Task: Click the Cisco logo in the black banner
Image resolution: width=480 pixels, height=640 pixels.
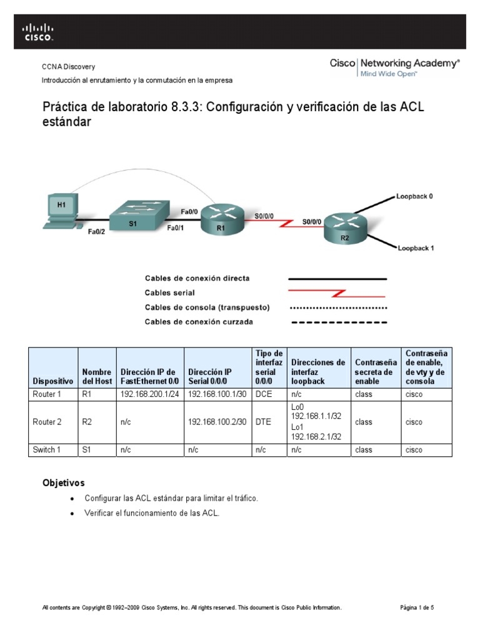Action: pos(38,31)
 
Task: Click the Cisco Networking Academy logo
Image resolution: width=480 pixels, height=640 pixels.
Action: pos(394,67)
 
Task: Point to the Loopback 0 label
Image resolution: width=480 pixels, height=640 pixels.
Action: pos(414,196)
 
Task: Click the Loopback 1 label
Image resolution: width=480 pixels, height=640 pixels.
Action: pos(416,248)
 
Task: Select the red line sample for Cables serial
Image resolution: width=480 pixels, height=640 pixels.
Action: pos(337,292)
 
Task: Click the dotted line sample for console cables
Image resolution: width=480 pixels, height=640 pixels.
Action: pos(337,307)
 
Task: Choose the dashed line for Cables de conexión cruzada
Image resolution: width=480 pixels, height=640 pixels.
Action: pos(337,322)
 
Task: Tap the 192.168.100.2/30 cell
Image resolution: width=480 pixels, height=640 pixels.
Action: pos(218,422)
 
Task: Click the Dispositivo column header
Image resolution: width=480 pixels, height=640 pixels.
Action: pos(53,381)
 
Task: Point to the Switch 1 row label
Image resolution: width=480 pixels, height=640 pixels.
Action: pos(47,450)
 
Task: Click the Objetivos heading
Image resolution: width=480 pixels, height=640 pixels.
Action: pos(63,483)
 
